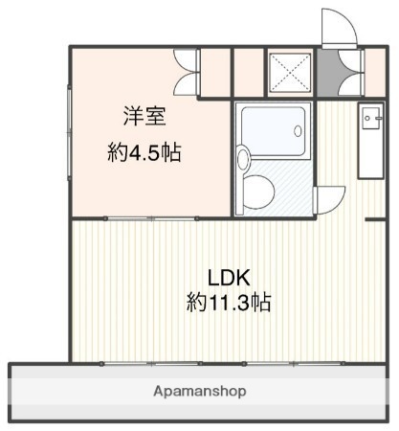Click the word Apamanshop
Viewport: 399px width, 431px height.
click(199, 391)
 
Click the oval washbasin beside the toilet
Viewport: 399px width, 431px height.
click(242, 157)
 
